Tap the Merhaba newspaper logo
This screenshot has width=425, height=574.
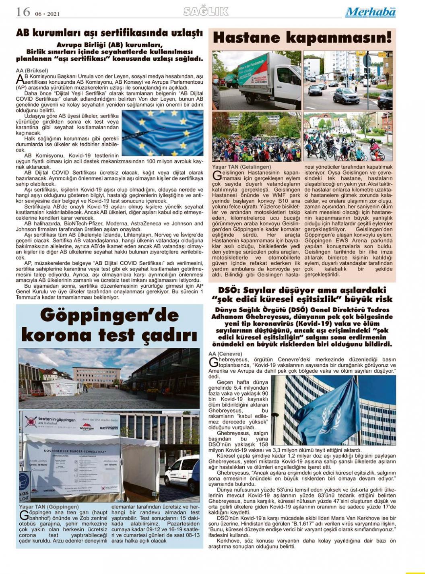pyautogui.click(x=370, y=12)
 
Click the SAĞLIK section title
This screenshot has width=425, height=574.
pyautogui.click(x=206, y=11)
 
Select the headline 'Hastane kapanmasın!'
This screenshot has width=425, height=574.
pyautogui.click(x=302, y=38)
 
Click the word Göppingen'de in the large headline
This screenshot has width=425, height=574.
pyautogui.click(x=109, y=316)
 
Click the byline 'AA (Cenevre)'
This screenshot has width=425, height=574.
pyautogui.click(x=225, y=353)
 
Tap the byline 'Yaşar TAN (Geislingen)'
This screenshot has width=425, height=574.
pyautogui.click(x=241, y=167)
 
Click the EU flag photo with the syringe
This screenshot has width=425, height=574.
pyautogui.click(x=162, y=133)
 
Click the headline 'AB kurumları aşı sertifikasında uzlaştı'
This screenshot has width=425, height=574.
pyautogui.click(x=109, y=33)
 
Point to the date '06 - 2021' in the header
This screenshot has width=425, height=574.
pyautogui.click(x=47, y=14)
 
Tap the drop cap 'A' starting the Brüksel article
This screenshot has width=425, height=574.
pyautogui.click(x=20, y=78)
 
